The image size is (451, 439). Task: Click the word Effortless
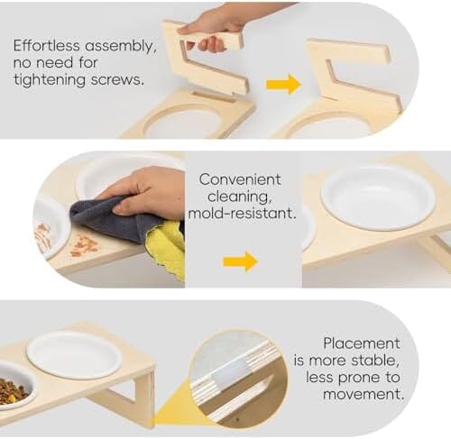(47, 46)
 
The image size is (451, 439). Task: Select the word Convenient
(240, 179)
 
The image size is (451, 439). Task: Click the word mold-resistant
(242, 213)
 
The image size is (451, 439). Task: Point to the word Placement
(362, 343)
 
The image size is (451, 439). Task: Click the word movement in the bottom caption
(364, 394)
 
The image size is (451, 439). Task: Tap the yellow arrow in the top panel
(283, 84)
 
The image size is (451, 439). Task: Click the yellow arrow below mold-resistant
(240, 261)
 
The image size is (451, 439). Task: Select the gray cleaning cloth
(117, 219)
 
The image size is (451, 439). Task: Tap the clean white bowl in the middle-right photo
(378, 197)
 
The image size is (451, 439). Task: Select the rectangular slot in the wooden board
(214, 96)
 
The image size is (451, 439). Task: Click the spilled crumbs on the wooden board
(85, 246)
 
